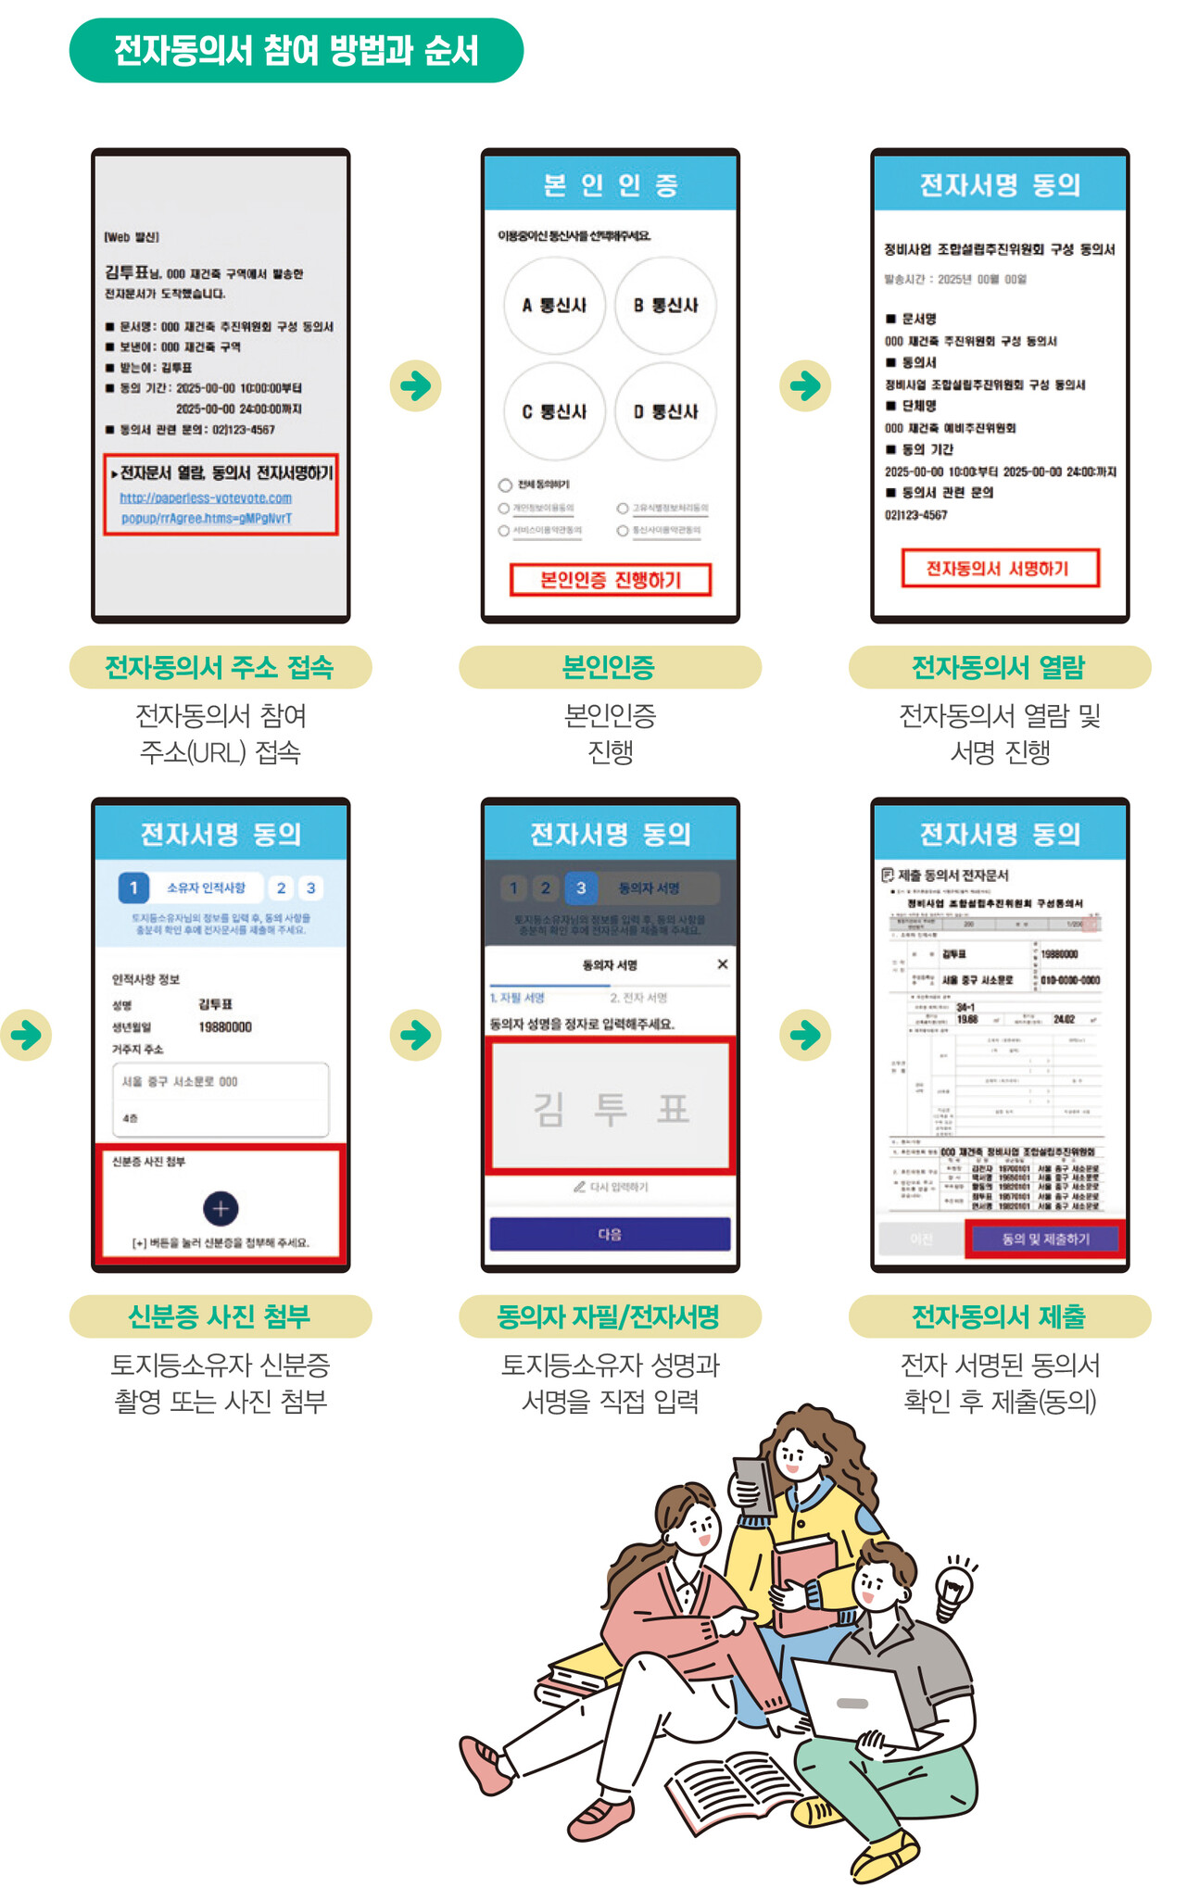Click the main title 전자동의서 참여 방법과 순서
[296, 50]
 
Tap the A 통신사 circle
[554, 305]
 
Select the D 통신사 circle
[665, 411]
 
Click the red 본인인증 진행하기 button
[611, 580]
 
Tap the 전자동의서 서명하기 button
[999, 568]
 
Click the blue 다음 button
[610, 1234]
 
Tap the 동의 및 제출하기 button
[1044, 1239]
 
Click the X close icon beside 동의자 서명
[723, 964]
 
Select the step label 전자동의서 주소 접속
[220, 667]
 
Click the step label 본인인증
[609, 667]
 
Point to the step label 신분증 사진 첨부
[220, 1316]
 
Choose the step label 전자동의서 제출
[999, 1316]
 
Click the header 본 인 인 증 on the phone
[611, 184]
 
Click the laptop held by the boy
[852, 1705]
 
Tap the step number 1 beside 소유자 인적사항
[133, 887]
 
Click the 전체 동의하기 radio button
[505, 485]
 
